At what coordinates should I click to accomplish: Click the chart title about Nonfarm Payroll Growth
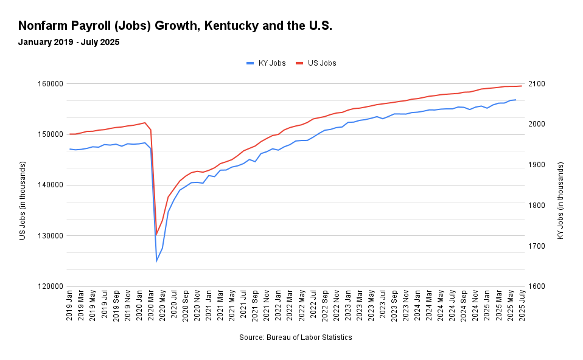[x=175, y=26]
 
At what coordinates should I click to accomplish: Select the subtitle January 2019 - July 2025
[x=69, y=43]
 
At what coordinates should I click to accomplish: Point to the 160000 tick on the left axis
[x=51, y=84]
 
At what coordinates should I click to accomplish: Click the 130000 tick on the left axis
[x=51, y=236]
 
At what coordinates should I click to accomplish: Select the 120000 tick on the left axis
[x=51, y=286]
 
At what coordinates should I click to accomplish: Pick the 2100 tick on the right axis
[x=540, y=84]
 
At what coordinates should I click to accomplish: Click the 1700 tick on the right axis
[x=540, y=246]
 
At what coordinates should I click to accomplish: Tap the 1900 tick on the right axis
[x=540, y=165]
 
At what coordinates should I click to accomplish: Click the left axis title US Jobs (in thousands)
[x=23, y=200]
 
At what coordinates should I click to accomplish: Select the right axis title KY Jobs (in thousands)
[x=560, y=200]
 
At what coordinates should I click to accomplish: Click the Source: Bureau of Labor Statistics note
[x=295, y=337]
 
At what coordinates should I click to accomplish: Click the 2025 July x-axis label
[x=522, y=308]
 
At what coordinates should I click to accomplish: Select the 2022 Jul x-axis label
[x=313, y=308]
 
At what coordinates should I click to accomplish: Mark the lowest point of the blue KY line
[x=156, y=261]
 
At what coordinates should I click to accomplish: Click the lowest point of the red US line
[x=156, y=235]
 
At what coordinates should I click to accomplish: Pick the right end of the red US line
[x=522, y=86]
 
